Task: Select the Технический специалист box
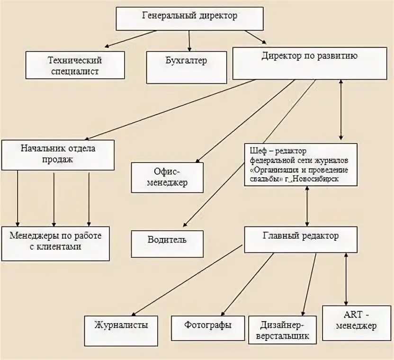click(x=75, y=65)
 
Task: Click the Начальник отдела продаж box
click(x=58, y=154)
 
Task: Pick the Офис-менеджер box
click(x=167, y=177)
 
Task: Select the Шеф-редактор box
click(x=300, y=164)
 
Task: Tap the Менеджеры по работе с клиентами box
click(x=55, y=243)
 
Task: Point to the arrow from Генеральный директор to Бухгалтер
click(x=189, y=40)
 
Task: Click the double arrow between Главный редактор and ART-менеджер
click(x=347, y=279)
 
